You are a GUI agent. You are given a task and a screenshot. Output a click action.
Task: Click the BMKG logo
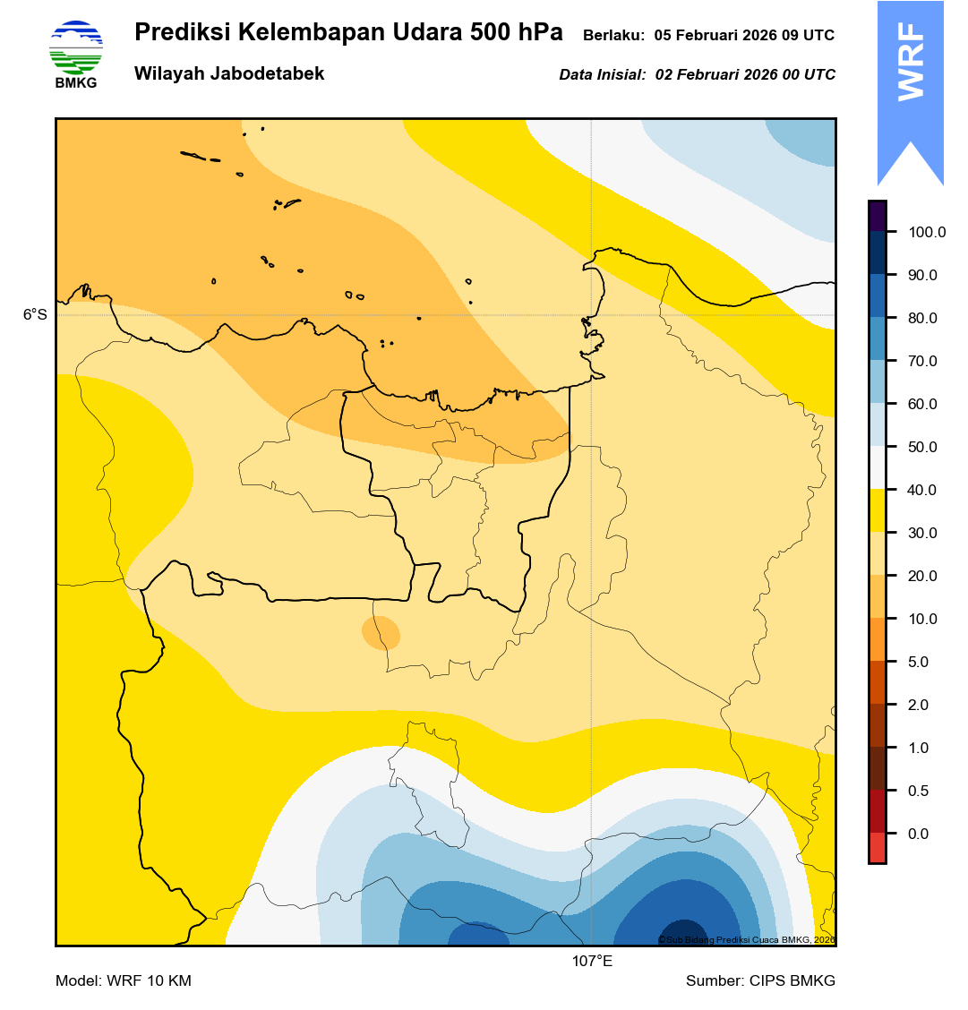75,53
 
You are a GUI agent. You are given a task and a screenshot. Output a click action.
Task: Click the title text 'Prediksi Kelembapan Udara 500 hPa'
348,33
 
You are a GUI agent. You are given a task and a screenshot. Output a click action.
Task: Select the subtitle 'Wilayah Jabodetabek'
229,74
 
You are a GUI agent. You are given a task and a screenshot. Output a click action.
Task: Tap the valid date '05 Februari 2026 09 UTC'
744,36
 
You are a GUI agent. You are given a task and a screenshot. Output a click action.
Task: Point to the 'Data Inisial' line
697,75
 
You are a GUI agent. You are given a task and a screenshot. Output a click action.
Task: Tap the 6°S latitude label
35,315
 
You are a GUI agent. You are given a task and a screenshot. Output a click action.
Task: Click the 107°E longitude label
592,962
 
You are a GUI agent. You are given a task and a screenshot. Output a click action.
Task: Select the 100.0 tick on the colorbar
927,233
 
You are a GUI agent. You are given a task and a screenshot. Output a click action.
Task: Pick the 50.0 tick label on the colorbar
922,448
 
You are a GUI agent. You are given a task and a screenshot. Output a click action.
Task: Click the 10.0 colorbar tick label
922,620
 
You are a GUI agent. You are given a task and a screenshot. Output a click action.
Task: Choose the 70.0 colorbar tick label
922,362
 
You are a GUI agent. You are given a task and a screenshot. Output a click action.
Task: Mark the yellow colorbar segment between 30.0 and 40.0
877,511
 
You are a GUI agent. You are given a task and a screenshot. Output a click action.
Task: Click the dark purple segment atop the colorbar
877,216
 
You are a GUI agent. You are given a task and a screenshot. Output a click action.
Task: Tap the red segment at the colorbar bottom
877,847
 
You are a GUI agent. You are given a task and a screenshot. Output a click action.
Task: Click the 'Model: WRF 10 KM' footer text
124,981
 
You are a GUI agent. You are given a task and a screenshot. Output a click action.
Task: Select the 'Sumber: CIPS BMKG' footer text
760,981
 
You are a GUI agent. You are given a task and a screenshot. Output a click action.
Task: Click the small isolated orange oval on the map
381,632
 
